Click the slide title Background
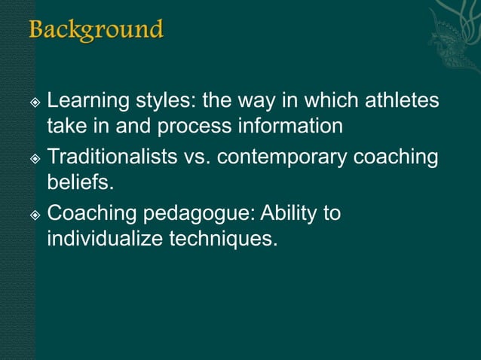pyautogui.click(x=96, y=31)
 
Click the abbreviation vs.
pyautogui.click(x=200, y=159)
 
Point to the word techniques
pyautogui.click(x=223, y=240)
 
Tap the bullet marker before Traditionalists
pyautogui.click(x=34, y=160)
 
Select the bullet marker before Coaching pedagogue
pyautogui.click(x=34, y=215)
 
